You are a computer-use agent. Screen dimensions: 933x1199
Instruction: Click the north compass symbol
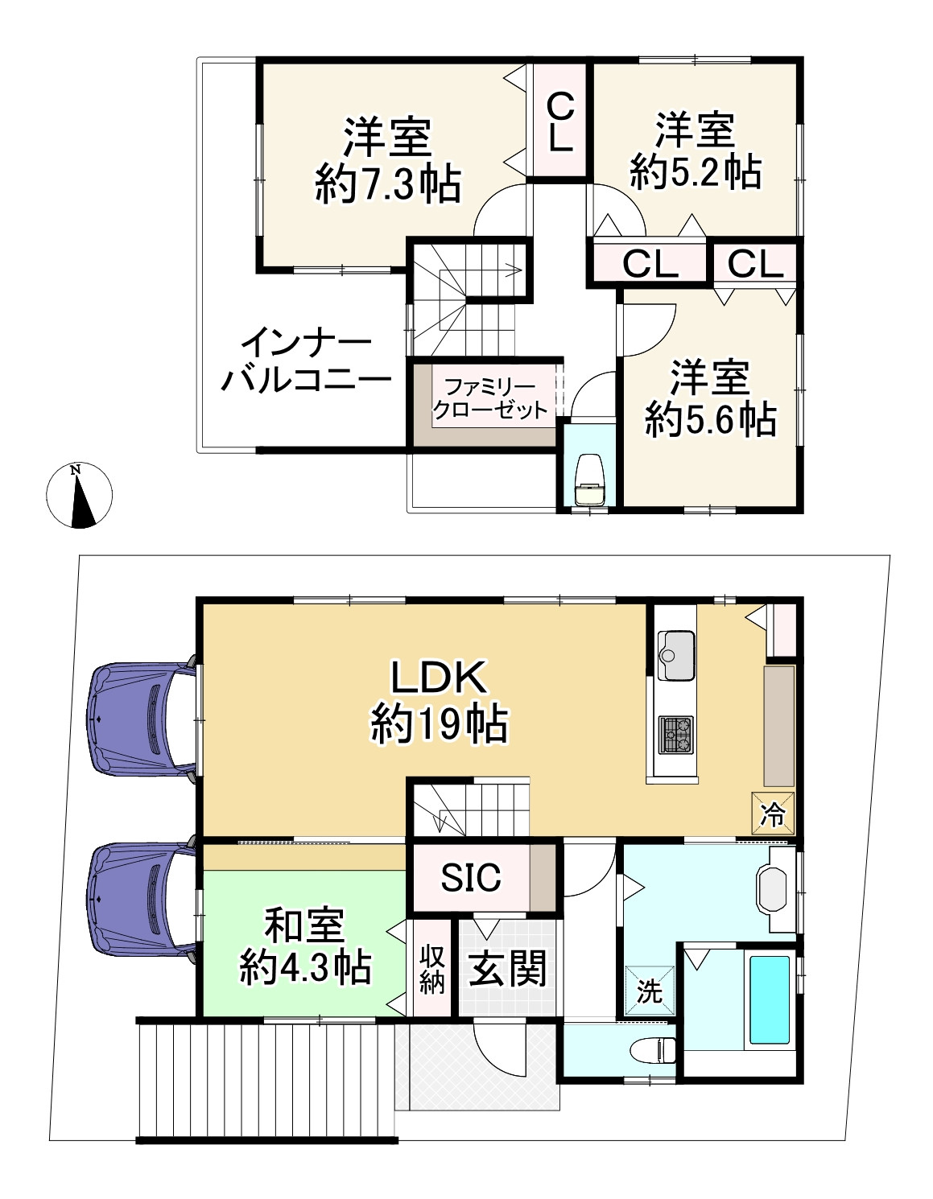(x=79, y=495)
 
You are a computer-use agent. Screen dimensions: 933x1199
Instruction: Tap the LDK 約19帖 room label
(x=439, y=702)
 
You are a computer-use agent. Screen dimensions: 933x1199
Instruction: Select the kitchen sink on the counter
(x=675, y=656)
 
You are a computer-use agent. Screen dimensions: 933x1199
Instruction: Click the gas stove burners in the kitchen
(x=676, y=735)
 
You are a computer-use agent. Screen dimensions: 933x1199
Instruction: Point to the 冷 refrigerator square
(x=773, y=814)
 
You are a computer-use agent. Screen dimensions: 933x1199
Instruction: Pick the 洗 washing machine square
(x=649, y=991)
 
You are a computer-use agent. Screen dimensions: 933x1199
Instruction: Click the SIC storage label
(x=471, y=877)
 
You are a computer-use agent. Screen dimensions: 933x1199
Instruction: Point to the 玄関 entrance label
(x=508, y=968)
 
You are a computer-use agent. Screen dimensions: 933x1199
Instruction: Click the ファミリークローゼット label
(x=490, y=398)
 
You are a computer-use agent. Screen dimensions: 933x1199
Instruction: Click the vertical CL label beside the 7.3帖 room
(x=560, y=122)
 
